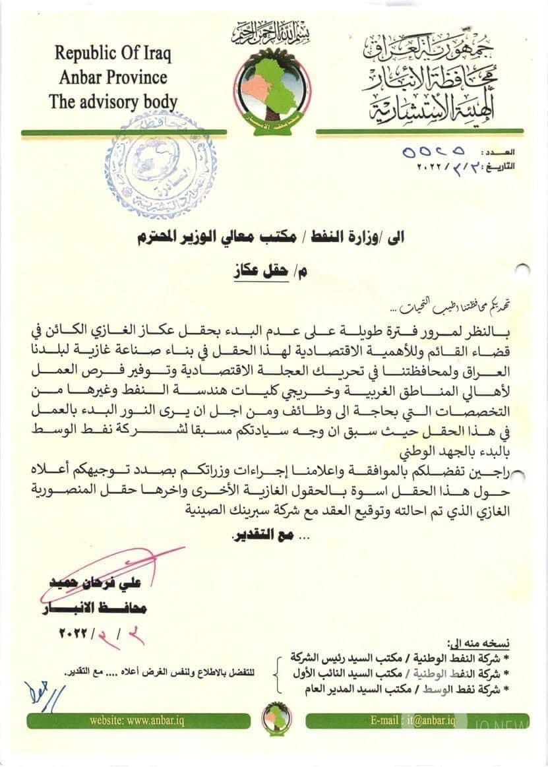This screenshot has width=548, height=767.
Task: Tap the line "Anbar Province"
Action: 113,77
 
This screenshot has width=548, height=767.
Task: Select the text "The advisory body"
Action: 113,102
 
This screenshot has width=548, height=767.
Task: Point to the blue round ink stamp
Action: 160,165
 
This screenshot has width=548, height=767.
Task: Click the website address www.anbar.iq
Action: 137,721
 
